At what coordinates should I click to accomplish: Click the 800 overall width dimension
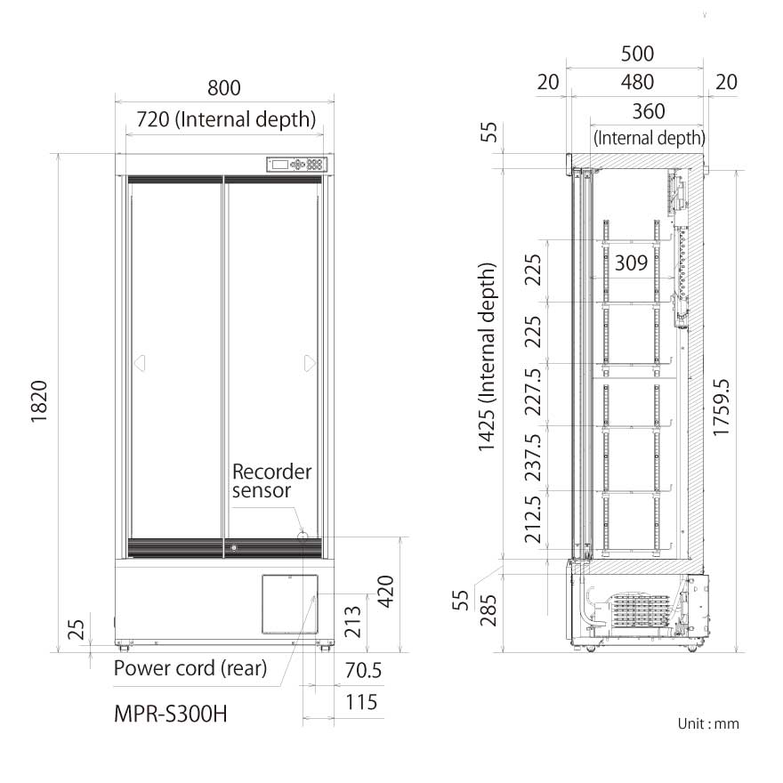pyautogui.click(x=224, y=88)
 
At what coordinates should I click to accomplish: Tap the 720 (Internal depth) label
pyautogui.click(x=225, y=118)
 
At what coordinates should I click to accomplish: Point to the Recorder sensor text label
pyautogui.click(x=271, y=480)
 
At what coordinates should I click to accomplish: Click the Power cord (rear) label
pyautogui.click(x=190, y=668)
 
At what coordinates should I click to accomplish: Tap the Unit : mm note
pyautogui.click(x=708, y=723)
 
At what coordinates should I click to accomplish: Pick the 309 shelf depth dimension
pyautogui.click(x=631, y=262)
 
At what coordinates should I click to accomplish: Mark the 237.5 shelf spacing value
pyautogui.click(x=533, y=457)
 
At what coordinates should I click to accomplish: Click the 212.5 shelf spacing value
pyautogui.click(x=533, y=520)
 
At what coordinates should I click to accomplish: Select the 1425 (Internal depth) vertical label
pyautogui.click(x=487, y=356)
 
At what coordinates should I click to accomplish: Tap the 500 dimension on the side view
pyautogui.click(x=637, y=54)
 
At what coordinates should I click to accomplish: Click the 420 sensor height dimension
pyautogui.click(x=385, y=590)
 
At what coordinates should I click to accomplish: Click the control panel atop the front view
pyautogui.click(x=298, y=164)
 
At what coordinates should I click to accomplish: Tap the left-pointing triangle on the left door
pyautogui.click(x=139, y=363)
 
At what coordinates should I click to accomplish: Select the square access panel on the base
pyautogui.click(x=289, y=602)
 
